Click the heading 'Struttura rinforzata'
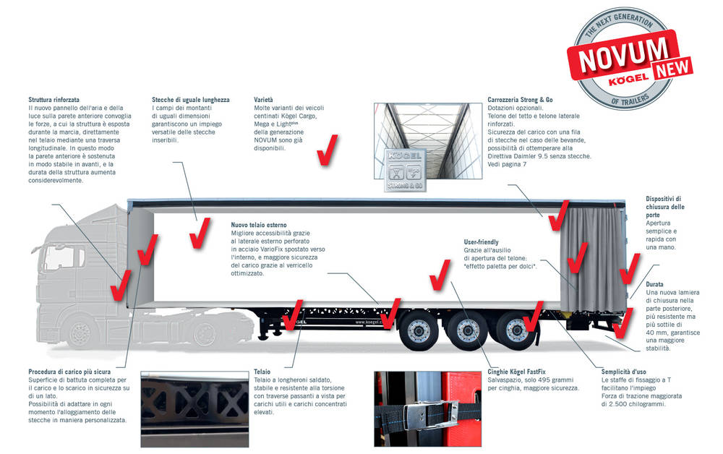(x=54, y=100)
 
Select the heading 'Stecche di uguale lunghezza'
(x=190, y=100)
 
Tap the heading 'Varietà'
(x=263, y=100)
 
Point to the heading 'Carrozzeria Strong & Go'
(x=520, y=100)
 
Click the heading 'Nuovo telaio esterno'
(x=259, y=225)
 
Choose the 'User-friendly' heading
(x=481, y=242)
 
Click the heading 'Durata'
(x=654, y=284)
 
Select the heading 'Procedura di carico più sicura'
(x=69, y=372)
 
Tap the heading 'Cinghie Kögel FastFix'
(x=516, y=372)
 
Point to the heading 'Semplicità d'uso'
(x=623, y=372)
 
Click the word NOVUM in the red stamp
(x=623, y=55)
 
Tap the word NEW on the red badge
(x=672, y=67)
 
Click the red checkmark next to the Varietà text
(x=328, y=150)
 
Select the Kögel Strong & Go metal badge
(x=405, y=170)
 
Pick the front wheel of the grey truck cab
(x=80, y=332)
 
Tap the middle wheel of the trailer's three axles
(x=467, y=330)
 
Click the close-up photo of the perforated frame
(x=194, y=409)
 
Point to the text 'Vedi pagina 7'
(x=507, y=164)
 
